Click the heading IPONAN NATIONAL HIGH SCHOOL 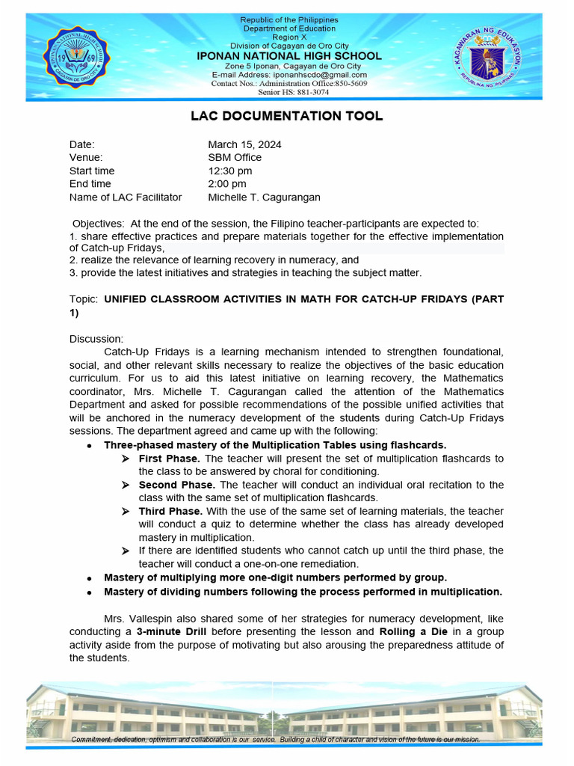[288, 56]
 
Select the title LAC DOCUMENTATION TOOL [287, 116]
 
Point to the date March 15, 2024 [244, 144]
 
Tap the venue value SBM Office [235, 158]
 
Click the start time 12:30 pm [229, 171]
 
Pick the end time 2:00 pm [226, 184]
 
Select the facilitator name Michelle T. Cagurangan [264, 197]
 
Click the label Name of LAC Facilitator [126, 197]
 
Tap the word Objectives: [98, 224]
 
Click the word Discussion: [96, 339]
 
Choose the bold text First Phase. [169, 458]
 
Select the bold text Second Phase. [176, 485]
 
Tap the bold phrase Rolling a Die [413, 632]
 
